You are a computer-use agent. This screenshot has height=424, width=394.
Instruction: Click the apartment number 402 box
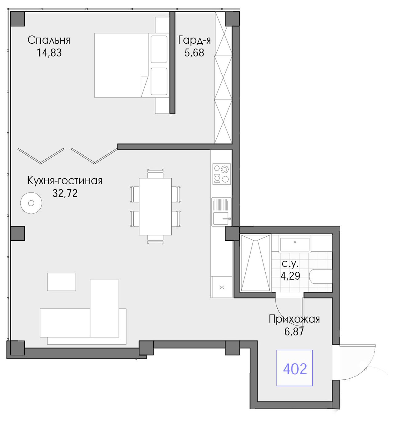tap(294, 368)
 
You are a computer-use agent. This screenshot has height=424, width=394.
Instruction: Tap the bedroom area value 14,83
tap(49, 53)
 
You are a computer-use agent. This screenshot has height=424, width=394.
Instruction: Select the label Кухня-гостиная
tap(65, 181)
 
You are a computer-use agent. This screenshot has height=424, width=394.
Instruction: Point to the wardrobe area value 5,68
tap(194, 53)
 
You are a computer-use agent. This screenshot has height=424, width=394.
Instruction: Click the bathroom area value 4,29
tap(290, 276)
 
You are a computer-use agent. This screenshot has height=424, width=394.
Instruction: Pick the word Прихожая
tap(294, 319)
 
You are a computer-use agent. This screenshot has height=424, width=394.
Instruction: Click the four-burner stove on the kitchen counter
tap(221, 174)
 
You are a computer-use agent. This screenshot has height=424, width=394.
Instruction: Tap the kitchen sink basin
tap(221, 218)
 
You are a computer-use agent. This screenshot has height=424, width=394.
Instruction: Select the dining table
tap(155, 206)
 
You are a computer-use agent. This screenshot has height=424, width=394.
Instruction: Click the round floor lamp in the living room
tap(31, 203)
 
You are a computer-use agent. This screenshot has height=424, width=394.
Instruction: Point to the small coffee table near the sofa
tap(62, 282)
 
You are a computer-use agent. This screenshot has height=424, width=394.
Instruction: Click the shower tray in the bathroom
tap(255, 263)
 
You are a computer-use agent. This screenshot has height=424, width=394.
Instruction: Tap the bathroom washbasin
tap(295, 244)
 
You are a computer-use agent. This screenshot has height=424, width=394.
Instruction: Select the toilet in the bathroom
tap(321, 277)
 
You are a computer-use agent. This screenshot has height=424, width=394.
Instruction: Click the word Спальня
tap(49, 40)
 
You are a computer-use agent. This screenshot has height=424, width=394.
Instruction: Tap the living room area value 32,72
tap(65, 194)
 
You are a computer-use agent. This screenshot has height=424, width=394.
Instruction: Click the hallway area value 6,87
tap(294, 332)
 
